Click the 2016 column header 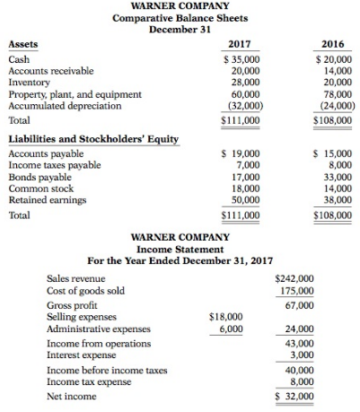pos(332,43)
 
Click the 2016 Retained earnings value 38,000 pos(334,201)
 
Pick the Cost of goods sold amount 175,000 pos(295,291)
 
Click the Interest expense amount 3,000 pos(300,355)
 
